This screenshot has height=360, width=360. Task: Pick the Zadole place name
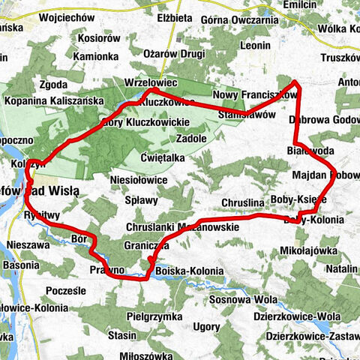190,139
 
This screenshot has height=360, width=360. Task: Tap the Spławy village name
141,200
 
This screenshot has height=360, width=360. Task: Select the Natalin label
341,268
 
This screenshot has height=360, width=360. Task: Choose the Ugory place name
206,328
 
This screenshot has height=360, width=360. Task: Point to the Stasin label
121,336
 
